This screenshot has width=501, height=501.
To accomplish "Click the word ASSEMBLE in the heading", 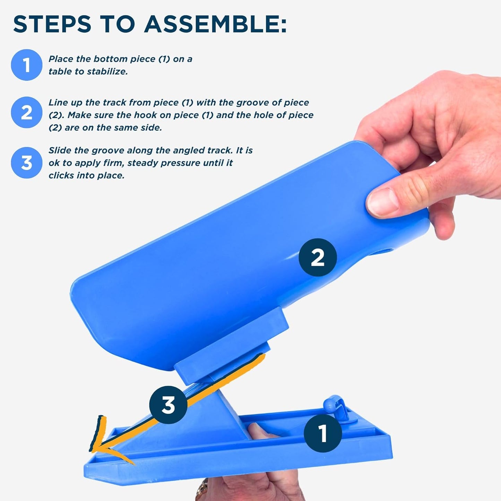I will (x=215, y=24).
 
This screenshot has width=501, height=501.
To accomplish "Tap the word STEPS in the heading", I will (x=52, y=24).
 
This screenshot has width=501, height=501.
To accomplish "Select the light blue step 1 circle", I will (x=27, y=65).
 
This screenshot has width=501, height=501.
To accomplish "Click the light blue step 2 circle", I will (x=27, y=112).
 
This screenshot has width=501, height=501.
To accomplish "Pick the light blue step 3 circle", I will (x=27, y=163).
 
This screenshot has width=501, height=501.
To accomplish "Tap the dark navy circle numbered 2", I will (x=318, y=257).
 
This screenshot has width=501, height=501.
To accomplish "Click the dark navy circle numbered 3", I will (x=168, y=405).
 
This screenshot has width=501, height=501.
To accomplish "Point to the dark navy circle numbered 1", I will (x=323, y=433).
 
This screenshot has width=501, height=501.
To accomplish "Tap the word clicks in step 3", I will (x=61, y=175).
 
